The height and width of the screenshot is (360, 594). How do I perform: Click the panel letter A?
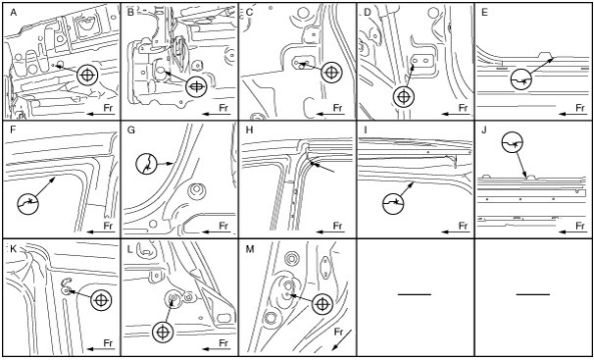click(14, 13)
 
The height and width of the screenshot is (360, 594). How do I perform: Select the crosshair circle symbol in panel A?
click(87, 76)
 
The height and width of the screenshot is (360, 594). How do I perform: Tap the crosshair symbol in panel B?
click(197, 86)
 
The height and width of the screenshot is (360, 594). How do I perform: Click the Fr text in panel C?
click(338, 108)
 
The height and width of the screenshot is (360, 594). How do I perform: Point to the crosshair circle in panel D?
click(404, 97)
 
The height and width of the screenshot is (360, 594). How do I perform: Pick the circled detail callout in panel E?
click(521, 79)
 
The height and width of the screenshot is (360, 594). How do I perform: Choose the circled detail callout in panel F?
click(28, 204)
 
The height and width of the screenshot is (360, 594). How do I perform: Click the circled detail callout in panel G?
click(146, 164)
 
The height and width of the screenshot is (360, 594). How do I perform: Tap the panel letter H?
click(249, 130)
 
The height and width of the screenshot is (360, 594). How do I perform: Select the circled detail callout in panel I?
click(393, 203)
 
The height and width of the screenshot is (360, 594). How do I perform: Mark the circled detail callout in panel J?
click(512, 142)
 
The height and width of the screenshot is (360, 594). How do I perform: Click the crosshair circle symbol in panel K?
click(101, 300)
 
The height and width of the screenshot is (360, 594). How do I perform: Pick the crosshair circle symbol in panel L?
click(163, 332)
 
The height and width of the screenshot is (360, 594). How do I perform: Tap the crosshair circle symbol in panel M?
click(322, 304)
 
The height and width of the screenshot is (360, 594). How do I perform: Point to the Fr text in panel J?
click(580, 227)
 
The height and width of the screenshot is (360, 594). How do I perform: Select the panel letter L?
click(130, 249)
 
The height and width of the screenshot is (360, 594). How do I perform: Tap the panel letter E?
click(484, 13)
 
